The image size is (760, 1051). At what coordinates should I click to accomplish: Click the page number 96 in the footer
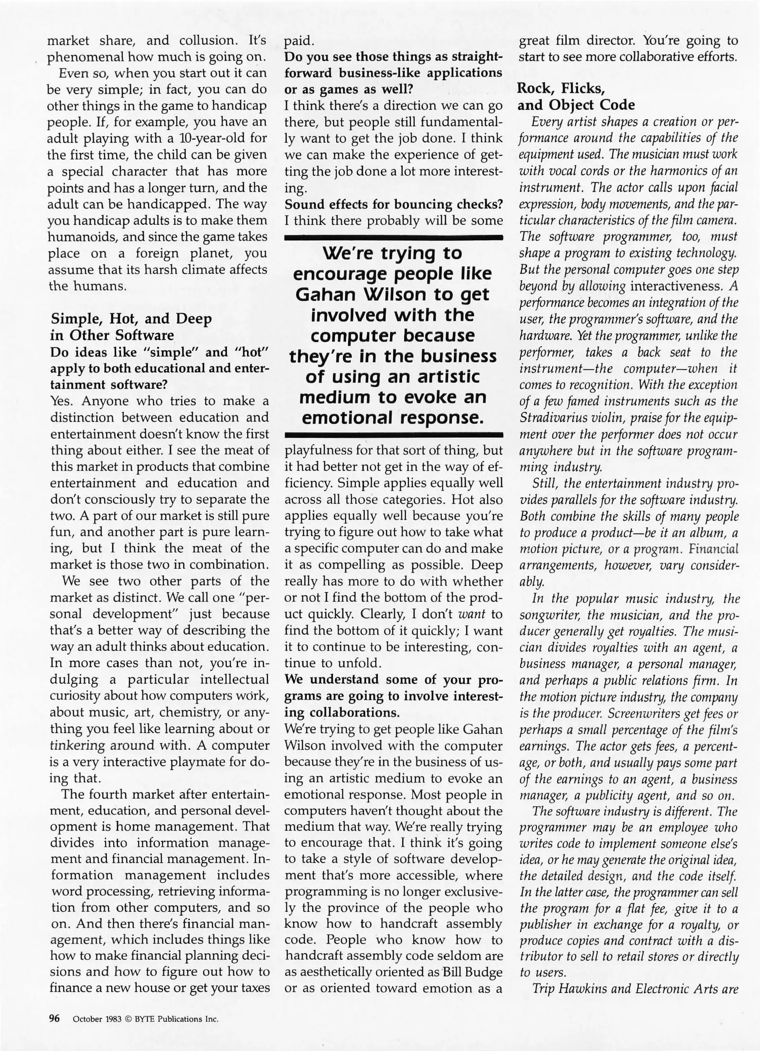point(53,1018)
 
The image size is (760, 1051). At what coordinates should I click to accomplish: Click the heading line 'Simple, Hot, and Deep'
point(131,319)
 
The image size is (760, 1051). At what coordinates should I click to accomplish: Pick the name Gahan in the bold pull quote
point(323,295)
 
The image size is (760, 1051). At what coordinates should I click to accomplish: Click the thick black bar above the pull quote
point(393,237)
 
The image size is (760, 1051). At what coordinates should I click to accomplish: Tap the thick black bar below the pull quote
point(393,433)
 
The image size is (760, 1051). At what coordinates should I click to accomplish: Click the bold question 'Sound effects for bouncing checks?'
point(393,204)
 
